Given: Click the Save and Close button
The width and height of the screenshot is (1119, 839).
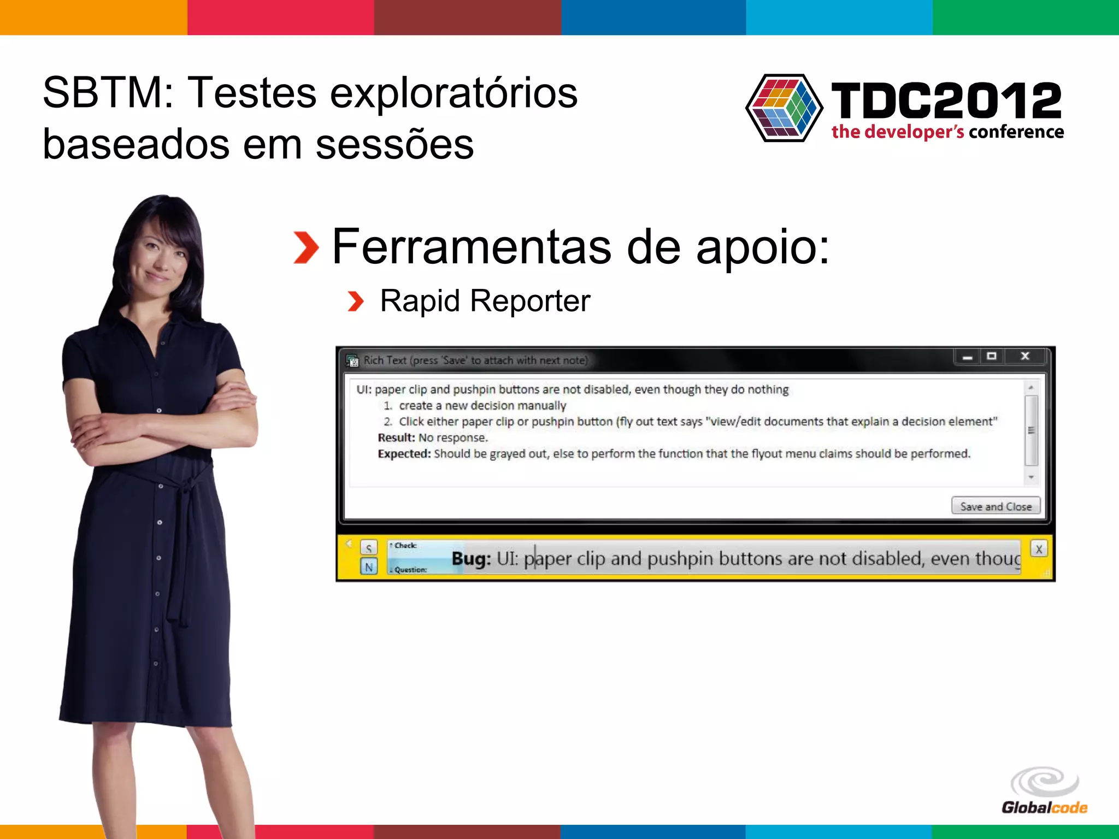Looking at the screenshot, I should (x=996, y=506).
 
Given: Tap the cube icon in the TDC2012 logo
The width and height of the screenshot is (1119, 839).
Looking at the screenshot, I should (x=784, y=108).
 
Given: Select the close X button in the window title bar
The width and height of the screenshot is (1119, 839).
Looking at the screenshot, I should (x=1025, y=356).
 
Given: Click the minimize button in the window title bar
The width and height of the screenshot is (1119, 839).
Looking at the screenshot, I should (x=968, y=357).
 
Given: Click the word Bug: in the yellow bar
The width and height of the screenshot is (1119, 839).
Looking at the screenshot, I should (x=471, y=559).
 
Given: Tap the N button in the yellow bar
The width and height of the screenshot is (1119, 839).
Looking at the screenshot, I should (x=369, y=567).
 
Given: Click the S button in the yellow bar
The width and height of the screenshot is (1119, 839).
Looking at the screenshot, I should (x=369, y=548).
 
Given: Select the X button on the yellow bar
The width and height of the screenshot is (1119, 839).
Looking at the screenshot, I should (x=1039, y=549).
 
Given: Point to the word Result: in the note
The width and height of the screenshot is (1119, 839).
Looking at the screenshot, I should (x=396, y=438).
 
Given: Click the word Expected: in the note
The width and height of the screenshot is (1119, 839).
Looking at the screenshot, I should (x=404, y=454).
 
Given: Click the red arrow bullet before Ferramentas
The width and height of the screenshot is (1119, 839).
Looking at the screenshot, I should (x=306, y=247).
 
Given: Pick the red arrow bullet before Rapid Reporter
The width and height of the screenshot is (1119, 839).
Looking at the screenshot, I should (x=356, y=301).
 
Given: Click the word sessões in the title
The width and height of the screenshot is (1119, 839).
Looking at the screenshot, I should (x=394, y=145).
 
